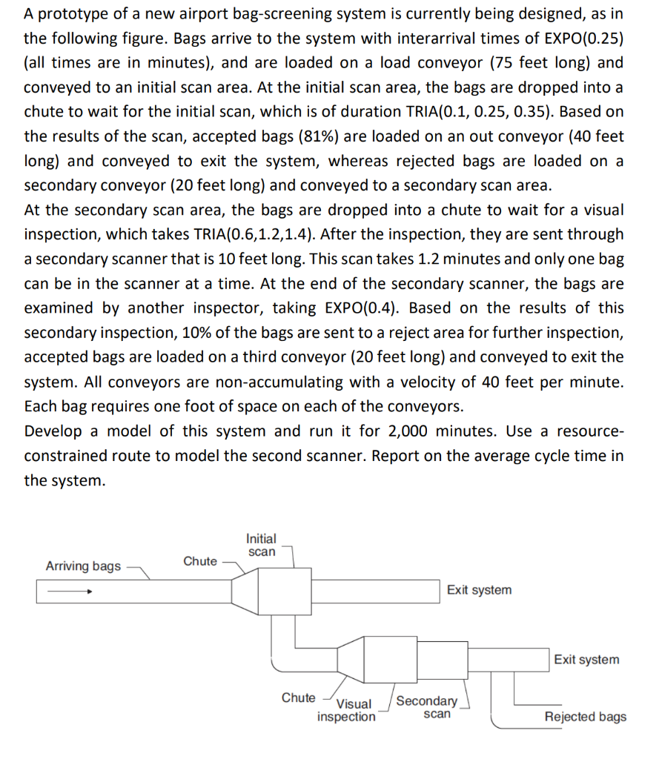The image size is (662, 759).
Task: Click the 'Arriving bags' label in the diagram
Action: pos(83,566)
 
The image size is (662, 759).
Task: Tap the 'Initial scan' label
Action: pos(261,545)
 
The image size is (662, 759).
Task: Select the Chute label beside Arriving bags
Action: pos(200,561)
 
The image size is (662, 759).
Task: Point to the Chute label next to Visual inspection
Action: pos(298,697)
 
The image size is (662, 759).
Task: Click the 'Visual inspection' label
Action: pos(347,710)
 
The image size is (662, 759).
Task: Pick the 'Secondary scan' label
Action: pos(428,707)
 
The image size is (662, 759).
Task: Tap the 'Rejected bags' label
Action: pos(585,717)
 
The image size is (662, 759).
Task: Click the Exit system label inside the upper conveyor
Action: pos(479,590)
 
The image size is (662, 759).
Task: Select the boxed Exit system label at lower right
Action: pos(586,660)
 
